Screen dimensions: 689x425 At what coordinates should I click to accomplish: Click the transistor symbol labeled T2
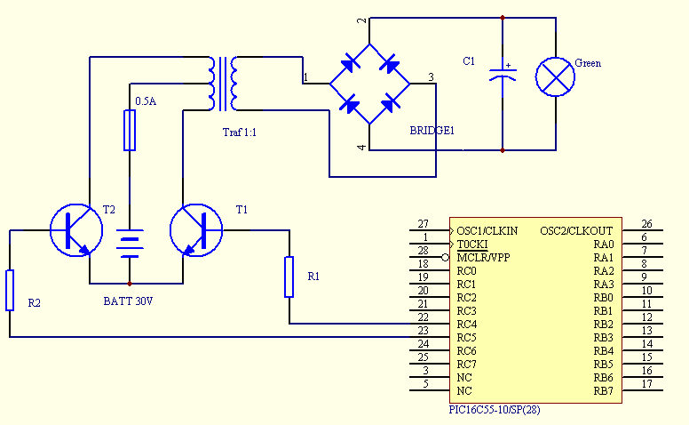tap(76, 230)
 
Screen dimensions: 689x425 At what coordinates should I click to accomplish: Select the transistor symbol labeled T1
tap(196, 230)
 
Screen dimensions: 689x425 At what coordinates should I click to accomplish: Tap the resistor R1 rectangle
tap(289, 277)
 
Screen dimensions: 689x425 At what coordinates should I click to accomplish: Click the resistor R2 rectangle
tap(10, 291)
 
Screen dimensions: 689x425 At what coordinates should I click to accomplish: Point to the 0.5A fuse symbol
tap(130, 131)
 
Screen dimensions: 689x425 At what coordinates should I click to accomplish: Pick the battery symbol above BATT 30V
tap(130, 244)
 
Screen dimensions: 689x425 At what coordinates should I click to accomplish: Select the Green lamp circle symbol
tap(556, 76)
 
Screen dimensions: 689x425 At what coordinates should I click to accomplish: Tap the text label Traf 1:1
tap(240, 132)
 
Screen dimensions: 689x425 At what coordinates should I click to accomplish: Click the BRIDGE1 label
tap(432, 131)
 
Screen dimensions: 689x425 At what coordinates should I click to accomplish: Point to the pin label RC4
tap(467, 325)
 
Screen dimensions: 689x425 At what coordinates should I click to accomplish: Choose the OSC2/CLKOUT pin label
tap(576, 231)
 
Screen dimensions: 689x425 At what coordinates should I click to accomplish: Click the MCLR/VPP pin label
tap(483, 257)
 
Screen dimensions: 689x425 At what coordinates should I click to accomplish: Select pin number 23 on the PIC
tap(424, 331)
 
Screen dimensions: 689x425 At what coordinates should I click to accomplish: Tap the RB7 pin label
tap(603, 391)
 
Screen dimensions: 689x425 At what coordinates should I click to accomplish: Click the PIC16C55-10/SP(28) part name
tap(495, 410)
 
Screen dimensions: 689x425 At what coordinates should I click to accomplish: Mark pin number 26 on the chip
tap(646, 224)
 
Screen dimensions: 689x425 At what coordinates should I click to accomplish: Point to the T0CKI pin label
tap(472, 245)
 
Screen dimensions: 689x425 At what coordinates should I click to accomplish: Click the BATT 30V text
tap(129, 301)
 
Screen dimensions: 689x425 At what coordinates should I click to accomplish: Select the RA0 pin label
tap(603, 245)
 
